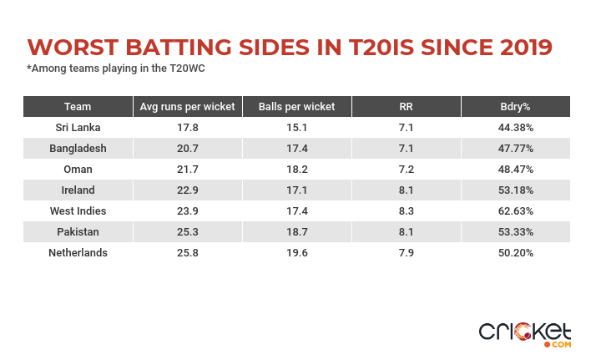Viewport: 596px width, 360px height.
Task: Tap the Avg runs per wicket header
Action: point(188,106)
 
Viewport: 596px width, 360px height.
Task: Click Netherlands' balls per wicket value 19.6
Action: point(297,252)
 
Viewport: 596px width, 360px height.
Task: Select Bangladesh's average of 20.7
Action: point(188,148)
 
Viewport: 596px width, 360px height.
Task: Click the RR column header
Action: point(407,106)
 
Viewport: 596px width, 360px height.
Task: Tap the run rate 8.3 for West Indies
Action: point(407,210)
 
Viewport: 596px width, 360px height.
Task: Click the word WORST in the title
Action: point(71,46)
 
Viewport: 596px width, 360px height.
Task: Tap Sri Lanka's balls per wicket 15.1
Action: point(297,127)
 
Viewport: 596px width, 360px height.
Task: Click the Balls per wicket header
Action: point(297,106)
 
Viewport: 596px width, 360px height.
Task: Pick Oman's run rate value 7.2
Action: point(407,169)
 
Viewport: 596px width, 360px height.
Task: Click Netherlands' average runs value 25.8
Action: point(188,252)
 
